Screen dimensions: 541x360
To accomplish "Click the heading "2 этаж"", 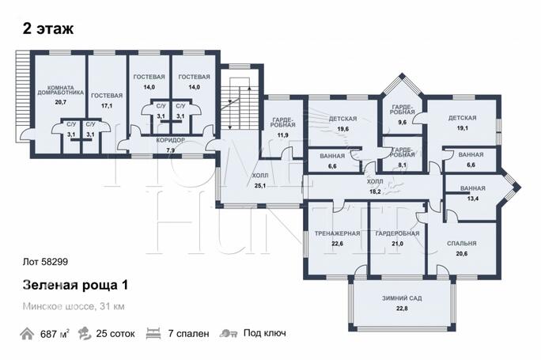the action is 48,28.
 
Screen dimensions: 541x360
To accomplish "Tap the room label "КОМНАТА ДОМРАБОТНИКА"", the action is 60,90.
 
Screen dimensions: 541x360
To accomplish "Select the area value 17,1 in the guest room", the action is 107,106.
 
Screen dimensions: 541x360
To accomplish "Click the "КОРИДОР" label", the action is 170,140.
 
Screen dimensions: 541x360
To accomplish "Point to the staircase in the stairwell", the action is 240,104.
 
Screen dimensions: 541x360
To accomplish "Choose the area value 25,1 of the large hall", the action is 259,186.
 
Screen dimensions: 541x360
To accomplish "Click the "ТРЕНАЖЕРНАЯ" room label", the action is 337,233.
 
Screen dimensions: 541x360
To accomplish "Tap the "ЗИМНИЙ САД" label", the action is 402,298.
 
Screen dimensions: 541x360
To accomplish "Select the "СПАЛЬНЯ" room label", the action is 462,244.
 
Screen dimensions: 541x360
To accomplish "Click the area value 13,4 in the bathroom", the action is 473,199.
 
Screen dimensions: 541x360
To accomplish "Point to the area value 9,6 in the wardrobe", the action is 402,122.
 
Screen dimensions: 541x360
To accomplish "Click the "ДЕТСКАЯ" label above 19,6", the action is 342,119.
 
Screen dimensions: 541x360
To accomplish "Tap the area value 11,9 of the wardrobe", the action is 282,135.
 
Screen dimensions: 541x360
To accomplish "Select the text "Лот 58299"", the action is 45,262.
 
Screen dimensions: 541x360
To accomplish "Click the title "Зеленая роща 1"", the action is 75,285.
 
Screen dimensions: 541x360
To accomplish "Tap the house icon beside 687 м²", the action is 27,334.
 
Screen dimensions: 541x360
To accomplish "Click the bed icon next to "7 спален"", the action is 153,334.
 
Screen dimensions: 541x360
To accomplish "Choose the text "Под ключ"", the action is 265,333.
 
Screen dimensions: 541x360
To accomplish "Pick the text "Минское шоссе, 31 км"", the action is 74,306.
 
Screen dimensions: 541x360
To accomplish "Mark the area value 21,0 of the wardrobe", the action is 397,244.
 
